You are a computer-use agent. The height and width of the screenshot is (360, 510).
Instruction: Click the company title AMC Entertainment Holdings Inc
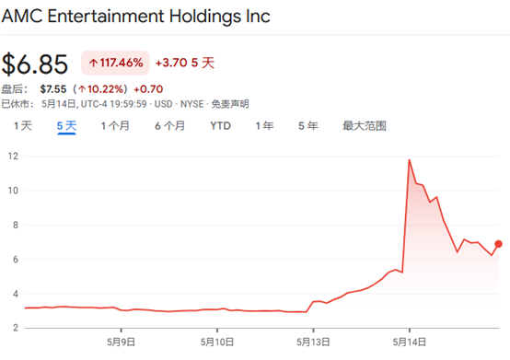click(x=135, y=16)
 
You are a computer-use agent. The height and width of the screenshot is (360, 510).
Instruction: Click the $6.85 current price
click(x=35, y=64)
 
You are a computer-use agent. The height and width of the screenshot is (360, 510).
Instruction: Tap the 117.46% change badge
click(x=115, y=63)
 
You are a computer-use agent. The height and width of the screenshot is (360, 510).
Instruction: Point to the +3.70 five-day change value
click(x=171, y=63)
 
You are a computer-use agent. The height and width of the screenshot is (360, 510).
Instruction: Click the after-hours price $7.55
click(x=53, y=89)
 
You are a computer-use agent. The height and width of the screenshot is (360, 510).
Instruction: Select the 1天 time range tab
click(x=23, y=126)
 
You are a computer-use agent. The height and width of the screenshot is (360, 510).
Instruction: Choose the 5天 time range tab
click(x=66, y=126)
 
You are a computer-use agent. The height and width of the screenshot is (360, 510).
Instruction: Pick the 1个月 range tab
click(x=115, y=126)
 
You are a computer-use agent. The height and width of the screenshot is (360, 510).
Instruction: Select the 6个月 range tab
click(x=169, y=126)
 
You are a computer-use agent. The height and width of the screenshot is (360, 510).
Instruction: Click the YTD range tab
click(x=220, y=126)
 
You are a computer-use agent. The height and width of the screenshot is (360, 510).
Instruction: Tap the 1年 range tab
click(x=264, y=126)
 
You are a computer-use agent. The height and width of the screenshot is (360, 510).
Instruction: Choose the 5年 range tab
click(x=308, y=126)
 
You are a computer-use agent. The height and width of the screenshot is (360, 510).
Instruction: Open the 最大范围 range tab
click(x=365, y=126)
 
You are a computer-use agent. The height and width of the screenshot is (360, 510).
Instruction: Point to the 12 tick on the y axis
click(x=13, y=157)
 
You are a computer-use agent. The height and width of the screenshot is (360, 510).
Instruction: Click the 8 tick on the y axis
click(x=16, y=225)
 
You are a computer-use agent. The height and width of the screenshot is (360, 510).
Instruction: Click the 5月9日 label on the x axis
click(x=121, y=343)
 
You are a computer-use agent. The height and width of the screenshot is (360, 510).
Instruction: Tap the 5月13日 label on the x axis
click(x=313, y=343)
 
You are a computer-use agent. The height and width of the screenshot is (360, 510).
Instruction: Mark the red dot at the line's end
click(x=498, y=244)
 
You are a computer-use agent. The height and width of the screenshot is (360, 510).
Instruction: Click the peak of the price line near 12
click(x=409, y=159)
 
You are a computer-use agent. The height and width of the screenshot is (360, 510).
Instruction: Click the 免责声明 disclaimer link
click(x=230, y=104)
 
